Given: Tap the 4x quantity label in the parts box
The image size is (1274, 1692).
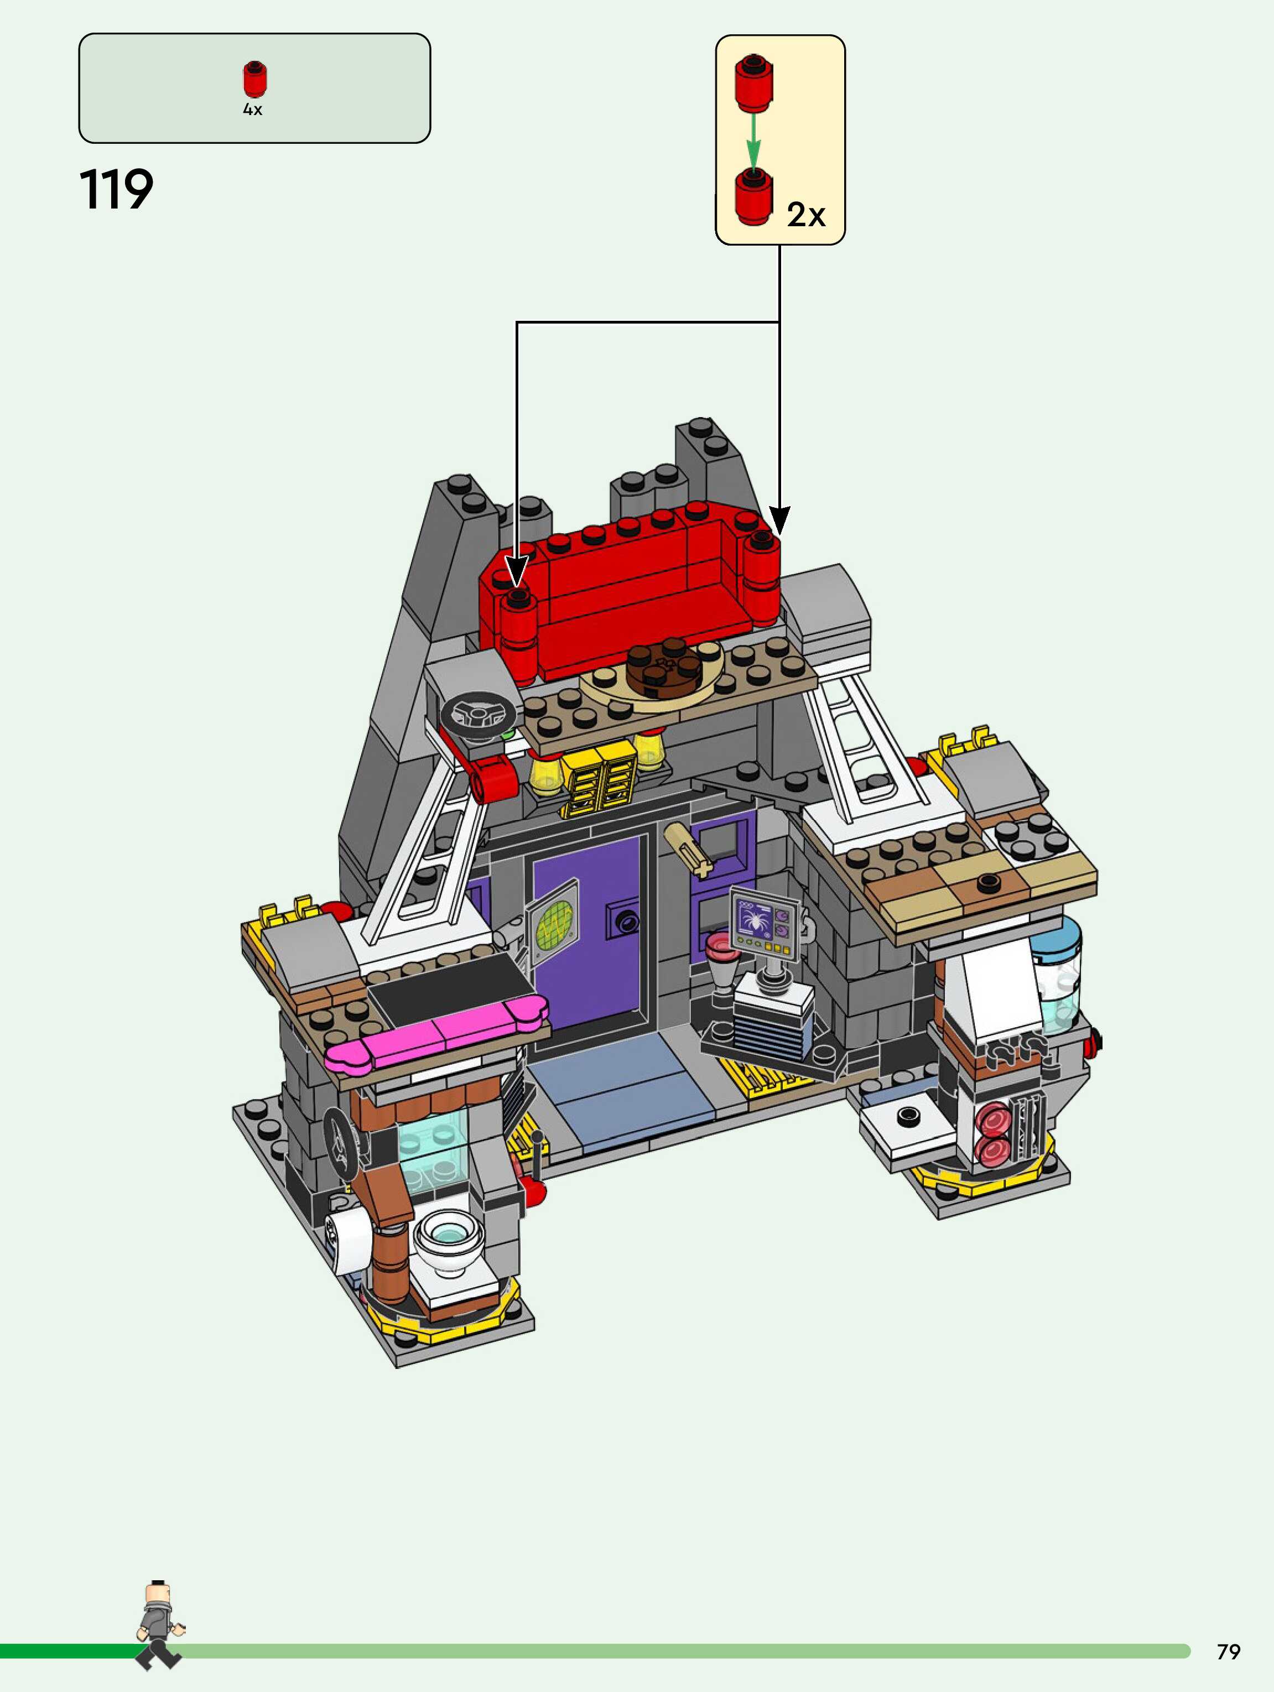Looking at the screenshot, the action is click(x=252, y=110).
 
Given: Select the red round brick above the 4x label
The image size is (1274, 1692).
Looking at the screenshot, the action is click(x=255, y=79).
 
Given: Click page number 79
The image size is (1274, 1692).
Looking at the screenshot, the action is click(x=1228, y=1652).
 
